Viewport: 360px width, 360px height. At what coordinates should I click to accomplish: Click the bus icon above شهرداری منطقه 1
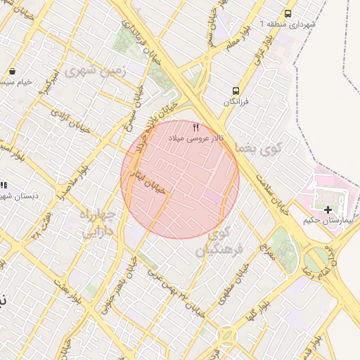pyautogui.click(x=288, y=13)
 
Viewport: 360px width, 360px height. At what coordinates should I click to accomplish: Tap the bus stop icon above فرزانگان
pyautogui.click(x=236, y=91)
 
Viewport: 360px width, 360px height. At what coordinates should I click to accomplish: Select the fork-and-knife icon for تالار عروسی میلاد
pyautogui.click(x=195, y=128)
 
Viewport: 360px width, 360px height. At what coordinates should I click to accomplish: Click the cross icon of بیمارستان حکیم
pyautogui.click(x=327, y=210)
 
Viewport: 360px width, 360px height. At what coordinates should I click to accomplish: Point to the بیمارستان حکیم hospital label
pyautogui.click(x=326, y=221)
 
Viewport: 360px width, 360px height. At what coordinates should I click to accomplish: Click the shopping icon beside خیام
pyautogui.click(x=13, y=72)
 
